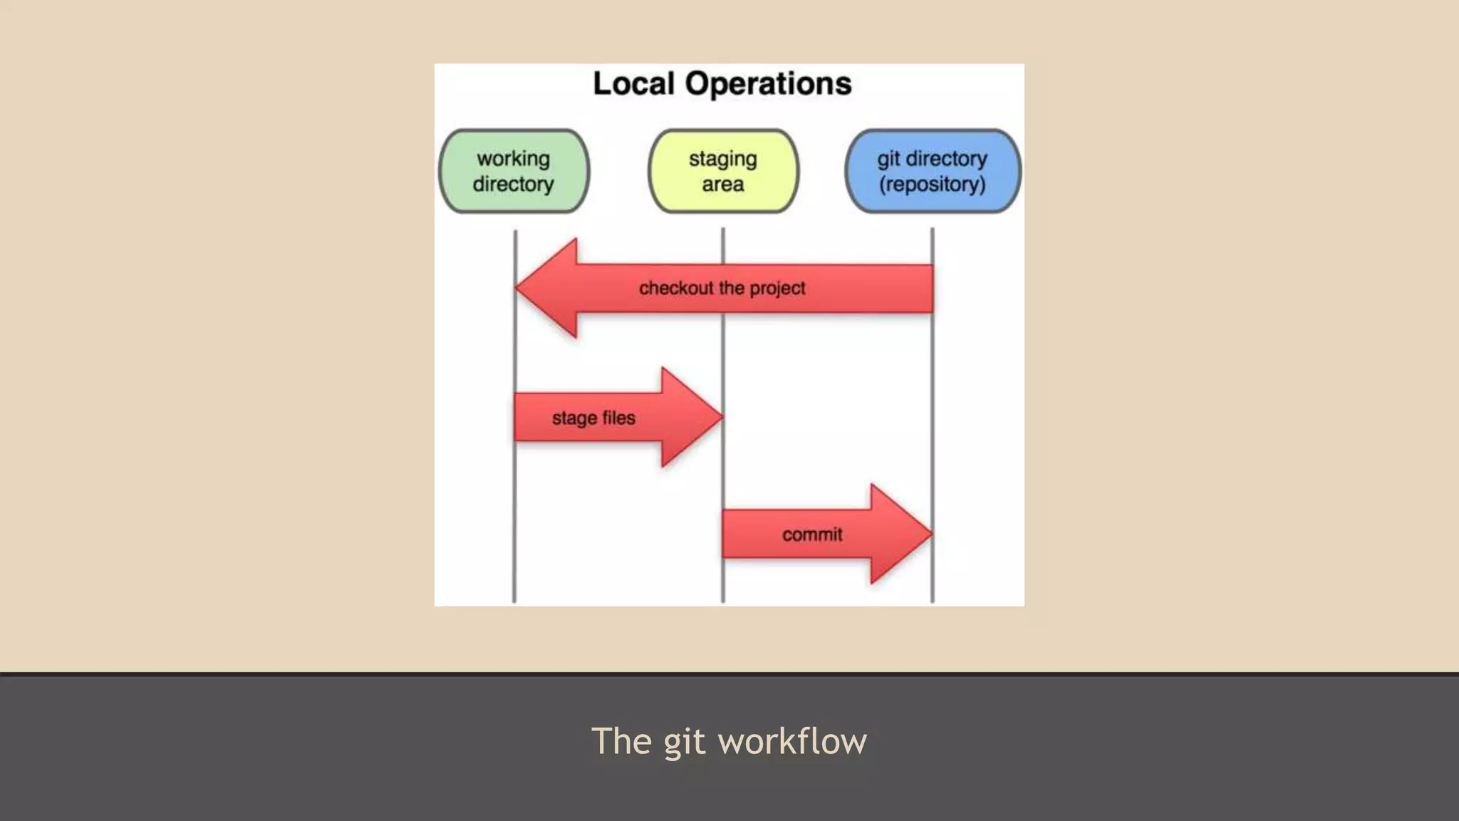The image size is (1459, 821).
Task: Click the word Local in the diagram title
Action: point(633,84)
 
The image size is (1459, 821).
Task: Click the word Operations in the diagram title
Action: point(768,84)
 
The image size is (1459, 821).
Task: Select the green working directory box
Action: point(514,171)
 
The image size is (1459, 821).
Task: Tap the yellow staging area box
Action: point(723,171)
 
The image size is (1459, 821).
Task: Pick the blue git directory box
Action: point(933,171)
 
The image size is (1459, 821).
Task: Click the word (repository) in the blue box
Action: point(933,185)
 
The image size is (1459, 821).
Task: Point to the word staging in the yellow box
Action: point(723,159)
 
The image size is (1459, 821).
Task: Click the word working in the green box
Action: point(514,158)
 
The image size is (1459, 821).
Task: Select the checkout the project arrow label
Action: point(722,288)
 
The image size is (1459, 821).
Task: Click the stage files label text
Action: point(593,418)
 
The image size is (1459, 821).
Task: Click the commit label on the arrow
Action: point(812,535)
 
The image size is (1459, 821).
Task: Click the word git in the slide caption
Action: point(685,742)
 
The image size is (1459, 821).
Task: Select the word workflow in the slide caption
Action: point(792,741)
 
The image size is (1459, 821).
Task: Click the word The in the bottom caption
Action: point(622,741)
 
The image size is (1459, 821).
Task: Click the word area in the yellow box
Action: point(723,185)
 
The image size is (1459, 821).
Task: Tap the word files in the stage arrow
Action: point(618,418)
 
